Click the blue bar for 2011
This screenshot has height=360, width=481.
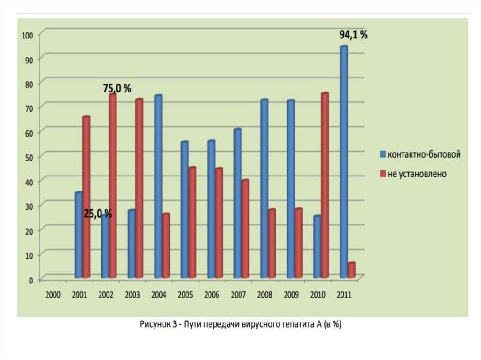click(x=344, y=162)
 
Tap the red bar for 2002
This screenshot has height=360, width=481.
click(x=112, y=185)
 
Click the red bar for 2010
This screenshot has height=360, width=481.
click(x=325, y=185)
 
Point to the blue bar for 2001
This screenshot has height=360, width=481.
click(x=78, y=235)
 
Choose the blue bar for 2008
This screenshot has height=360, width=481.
click(x=264, y=188)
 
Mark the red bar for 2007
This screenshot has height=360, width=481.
click(x=245, y=229)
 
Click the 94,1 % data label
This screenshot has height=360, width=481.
click(x=354, y=35)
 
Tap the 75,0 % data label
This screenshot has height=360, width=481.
click(x=117, y=89)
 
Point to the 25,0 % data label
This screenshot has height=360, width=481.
click(x=98, y=214)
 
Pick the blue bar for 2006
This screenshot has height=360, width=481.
click(x=211, y=209)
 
